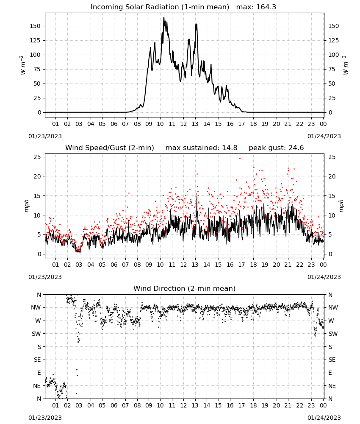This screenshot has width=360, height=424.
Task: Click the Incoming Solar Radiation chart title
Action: point(160,7)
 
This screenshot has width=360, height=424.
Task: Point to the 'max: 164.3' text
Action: point(256,7)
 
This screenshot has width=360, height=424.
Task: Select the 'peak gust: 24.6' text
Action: point(276,148)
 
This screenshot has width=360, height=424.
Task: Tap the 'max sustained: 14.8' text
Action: point(201,148)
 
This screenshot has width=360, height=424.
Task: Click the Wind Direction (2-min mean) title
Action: point(185,288)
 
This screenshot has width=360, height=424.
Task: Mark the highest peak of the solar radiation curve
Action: point(163,17)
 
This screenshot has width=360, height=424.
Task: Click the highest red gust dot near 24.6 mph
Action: point(240,159)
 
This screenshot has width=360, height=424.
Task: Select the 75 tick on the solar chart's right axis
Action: point(332,69)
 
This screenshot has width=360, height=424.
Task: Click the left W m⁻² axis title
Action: point(23,65)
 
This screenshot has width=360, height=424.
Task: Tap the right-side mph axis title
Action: point(341,206)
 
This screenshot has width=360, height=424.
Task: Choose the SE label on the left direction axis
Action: point(37,360)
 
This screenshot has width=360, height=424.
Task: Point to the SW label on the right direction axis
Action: point(333,334)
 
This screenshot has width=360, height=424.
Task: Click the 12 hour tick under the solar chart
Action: point(183,124)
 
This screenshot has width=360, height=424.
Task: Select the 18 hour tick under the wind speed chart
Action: point(253,265)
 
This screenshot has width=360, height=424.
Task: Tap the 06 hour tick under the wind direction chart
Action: point(114,405)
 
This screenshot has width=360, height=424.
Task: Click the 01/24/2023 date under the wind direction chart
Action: point(324,418)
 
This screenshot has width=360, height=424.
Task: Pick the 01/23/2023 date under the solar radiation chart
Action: point(45,136)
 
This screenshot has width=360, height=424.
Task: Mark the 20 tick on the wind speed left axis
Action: point(37,176)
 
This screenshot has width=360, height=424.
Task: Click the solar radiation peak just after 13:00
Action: point(197,24)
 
